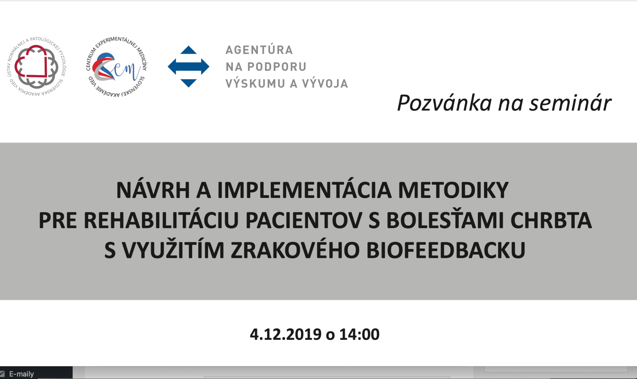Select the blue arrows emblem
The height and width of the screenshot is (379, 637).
188,67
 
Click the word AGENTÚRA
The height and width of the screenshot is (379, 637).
259,50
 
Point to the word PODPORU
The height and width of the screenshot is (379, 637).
277,67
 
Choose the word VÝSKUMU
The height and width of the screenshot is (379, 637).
256,83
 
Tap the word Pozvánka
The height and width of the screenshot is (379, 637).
445,103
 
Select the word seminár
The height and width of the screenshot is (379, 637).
570,103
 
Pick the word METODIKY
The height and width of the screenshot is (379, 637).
453,190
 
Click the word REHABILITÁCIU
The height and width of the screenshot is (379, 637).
161,220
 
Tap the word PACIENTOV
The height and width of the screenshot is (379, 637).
304,220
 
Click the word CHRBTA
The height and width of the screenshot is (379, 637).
551,220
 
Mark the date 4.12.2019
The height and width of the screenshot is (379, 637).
286,335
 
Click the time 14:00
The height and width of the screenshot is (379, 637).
359,335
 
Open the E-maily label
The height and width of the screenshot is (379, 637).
21,374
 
